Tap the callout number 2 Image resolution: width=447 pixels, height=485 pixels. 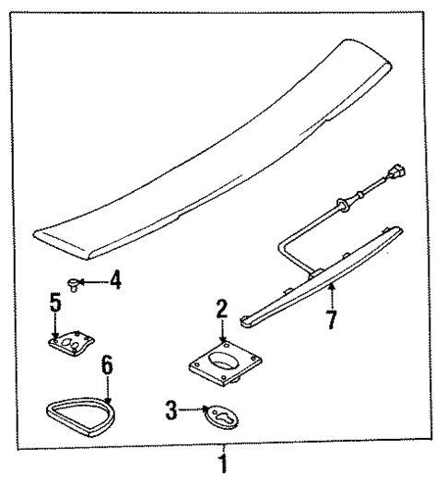pos(222,310)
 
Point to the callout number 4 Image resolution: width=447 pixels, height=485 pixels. pos(115,279)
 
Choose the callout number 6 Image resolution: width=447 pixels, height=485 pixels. pos(107,365)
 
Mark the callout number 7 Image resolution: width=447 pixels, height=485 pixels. pos(331,320)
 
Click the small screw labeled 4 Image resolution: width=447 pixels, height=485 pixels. pos(75,281)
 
